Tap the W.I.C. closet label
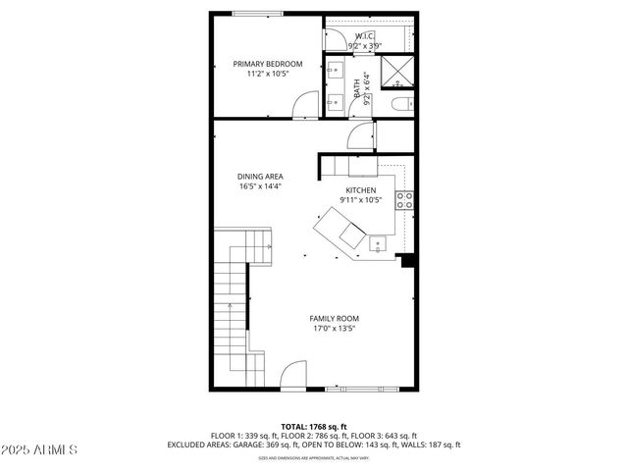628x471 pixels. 364,36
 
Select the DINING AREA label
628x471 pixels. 260,177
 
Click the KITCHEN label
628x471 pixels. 361,190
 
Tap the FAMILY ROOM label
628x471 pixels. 334,319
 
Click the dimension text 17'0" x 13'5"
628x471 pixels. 334,329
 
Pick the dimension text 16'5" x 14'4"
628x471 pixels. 260,186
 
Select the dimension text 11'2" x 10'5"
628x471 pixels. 267,74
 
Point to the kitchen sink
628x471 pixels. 378,241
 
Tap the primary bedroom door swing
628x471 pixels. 308,103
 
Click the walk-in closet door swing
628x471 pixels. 336,36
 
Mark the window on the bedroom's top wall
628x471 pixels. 253,13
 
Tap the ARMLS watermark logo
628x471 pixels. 41,449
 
